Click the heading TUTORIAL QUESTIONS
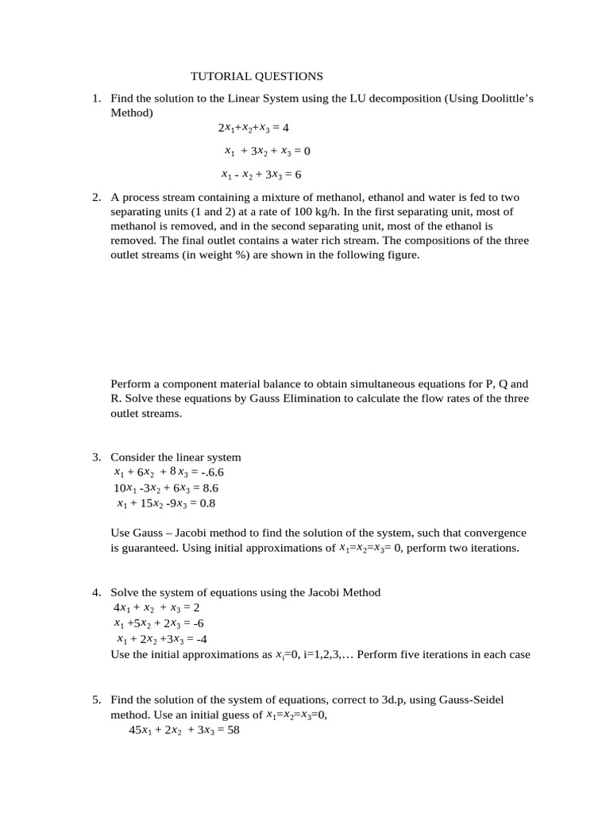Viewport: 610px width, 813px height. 257,76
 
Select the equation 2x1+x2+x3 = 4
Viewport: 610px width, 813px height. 254,127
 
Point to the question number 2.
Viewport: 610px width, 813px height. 95,198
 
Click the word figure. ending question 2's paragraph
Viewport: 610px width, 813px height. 400,255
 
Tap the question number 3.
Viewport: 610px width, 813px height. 95,457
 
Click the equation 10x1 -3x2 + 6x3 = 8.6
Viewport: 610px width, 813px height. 166,488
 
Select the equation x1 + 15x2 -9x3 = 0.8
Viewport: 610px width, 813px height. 166,503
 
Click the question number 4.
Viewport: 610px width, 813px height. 95,592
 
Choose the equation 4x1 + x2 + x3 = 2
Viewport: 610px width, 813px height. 156,607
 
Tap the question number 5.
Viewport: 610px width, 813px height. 95,699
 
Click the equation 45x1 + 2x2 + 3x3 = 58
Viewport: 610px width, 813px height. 184,730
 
